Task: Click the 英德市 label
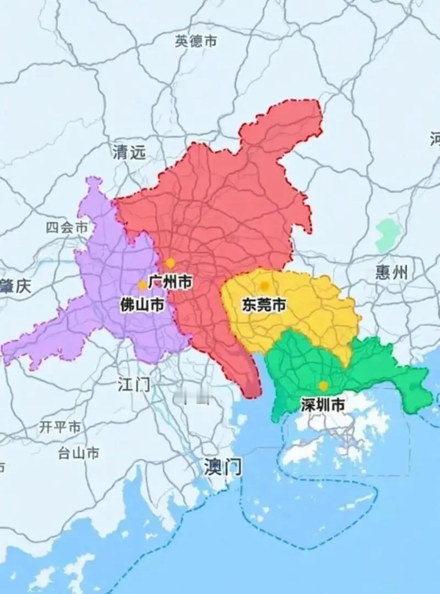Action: [x=196, y=41]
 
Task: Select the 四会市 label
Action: [x=67, y=228]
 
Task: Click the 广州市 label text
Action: [x=170, y=283]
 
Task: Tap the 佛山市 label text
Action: [x=142, y=304]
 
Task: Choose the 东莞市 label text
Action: [x=264, y=305]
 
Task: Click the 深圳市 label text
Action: [x=323, y=405]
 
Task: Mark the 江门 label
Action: [x=134, y=384]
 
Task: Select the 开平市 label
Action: [x=60, y=427]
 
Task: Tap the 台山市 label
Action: [x=79, y=453]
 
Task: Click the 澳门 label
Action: [x=222, y=467]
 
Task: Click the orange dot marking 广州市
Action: [x=170, y=263]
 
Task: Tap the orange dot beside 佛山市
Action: [x=142, y=285]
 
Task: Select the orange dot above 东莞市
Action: [x=265, y=285]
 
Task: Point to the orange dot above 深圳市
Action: [x=323, y=386]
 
